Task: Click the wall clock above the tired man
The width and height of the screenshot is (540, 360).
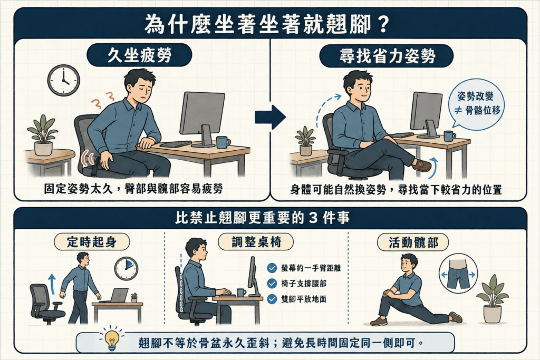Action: [x=63, y=80]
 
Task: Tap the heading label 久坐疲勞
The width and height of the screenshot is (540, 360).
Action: [x=139, y=55]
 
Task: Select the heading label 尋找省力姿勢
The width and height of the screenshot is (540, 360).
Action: [x=386, y=56]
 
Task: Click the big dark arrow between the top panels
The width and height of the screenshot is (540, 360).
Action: [x=270, y=117]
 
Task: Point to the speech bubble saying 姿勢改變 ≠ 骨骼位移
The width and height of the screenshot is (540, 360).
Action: [x=476, y=104]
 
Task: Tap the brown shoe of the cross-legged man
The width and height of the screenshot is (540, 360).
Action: [x=421, y=165]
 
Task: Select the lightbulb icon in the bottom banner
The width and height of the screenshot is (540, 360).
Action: [x=112, y=339]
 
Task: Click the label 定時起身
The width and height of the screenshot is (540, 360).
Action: [x=92, y=242]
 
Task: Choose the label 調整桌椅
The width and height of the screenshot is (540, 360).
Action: [x=256, y=242]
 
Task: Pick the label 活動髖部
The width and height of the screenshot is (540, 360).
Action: [x=413, y=242]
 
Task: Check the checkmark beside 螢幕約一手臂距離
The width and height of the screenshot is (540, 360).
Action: [x=272, y=268]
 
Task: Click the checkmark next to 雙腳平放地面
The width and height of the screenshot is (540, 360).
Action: [x=272, y=299]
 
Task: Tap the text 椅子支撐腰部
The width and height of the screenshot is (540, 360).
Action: [x=304, y=284]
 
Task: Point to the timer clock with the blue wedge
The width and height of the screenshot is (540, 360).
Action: [x=126, y=268]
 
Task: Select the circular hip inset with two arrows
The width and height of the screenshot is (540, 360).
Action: [x=458, y=274]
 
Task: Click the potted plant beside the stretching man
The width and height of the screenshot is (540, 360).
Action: [x=492, y=298]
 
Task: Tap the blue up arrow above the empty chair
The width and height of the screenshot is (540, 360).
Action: [x=52, y=284]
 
